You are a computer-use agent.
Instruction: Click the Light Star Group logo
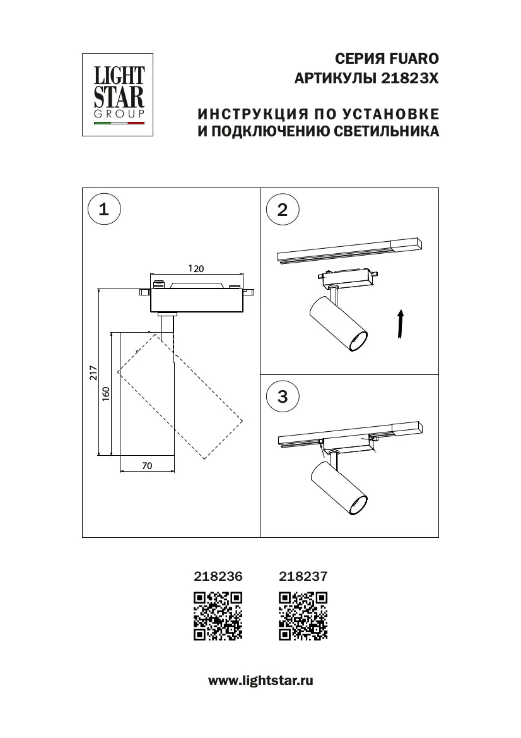point(117,95)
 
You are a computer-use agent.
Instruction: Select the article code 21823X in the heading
point(409,79)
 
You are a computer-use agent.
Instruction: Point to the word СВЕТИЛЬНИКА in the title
point(387,131)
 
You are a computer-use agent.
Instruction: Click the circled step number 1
point(104,210)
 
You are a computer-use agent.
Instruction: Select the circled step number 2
point(283,210)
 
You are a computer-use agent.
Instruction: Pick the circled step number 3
point(283,396)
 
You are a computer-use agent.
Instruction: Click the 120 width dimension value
point(196,268)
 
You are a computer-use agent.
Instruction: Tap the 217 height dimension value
point(93,372)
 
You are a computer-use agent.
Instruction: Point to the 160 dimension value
point(106,394)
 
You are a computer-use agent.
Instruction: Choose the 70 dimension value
point(147,465)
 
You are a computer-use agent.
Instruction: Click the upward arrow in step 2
point(400,324)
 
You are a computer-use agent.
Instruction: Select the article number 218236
point(218,576)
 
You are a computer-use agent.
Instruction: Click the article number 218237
point(303,576)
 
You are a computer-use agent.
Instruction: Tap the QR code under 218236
point(218,616)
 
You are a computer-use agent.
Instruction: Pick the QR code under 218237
point(303,616)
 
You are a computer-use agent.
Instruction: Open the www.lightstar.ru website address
point(260,681)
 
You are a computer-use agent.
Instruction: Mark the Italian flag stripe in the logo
point(119,123)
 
